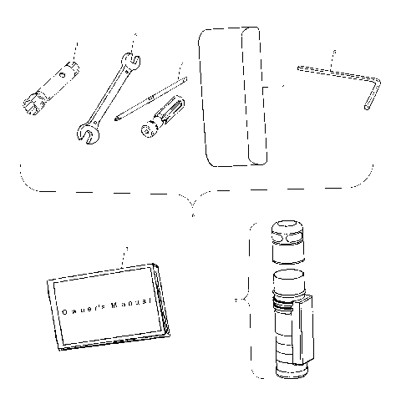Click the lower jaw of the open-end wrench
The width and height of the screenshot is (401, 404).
click(86, 129)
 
